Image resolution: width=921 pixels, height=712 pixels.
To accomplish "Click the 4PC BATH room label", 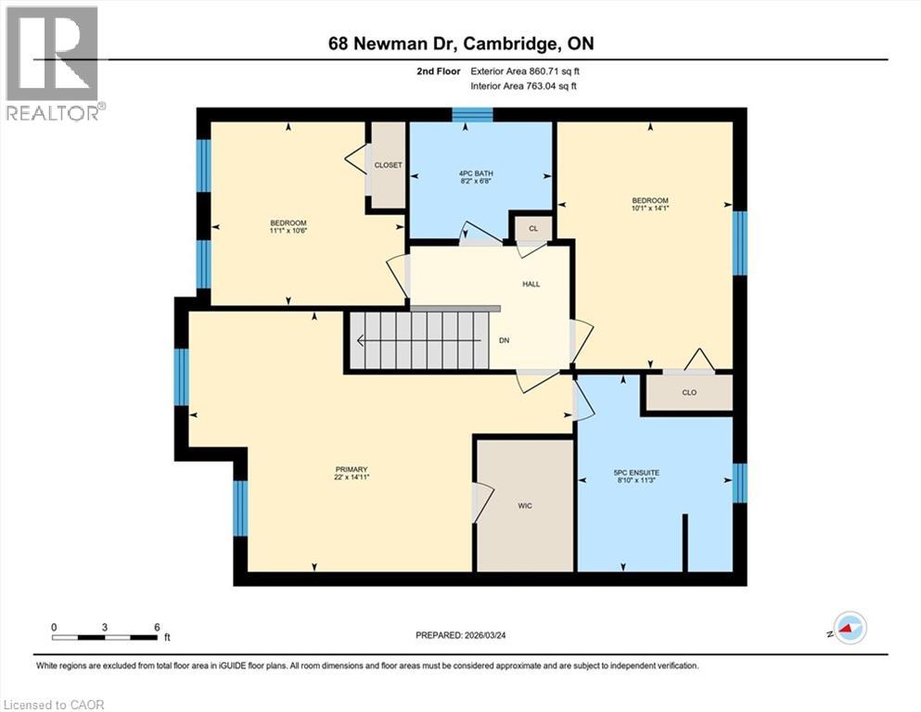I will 480,172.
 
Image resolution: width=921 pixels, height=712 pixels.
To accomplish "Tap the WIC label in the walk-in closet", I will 524,506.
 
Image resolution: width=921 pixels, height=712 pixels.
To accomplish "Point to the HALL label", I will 530,284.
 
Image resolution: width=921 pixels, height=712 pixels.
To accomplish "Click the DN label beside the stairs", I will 504,340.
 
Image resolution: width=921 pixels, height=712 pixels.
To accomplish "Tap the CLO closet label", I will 689,392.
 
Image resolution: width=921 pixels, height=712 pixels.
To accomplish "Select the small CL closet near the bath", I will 532,227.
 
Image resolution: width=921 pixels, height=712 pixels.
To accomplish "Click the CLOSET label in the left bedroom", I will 388,165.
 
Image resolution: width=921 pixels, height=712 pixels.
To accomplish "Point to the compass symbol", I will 849,629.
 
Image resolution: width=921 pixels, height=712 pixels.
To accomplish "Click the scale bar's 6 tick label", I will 157,626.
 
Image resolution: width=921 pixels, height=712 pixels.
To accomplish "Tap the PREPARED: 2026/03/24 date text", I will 464,635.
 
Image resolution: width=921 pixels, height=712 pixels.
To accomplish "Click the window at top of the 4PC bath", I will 473,114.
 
